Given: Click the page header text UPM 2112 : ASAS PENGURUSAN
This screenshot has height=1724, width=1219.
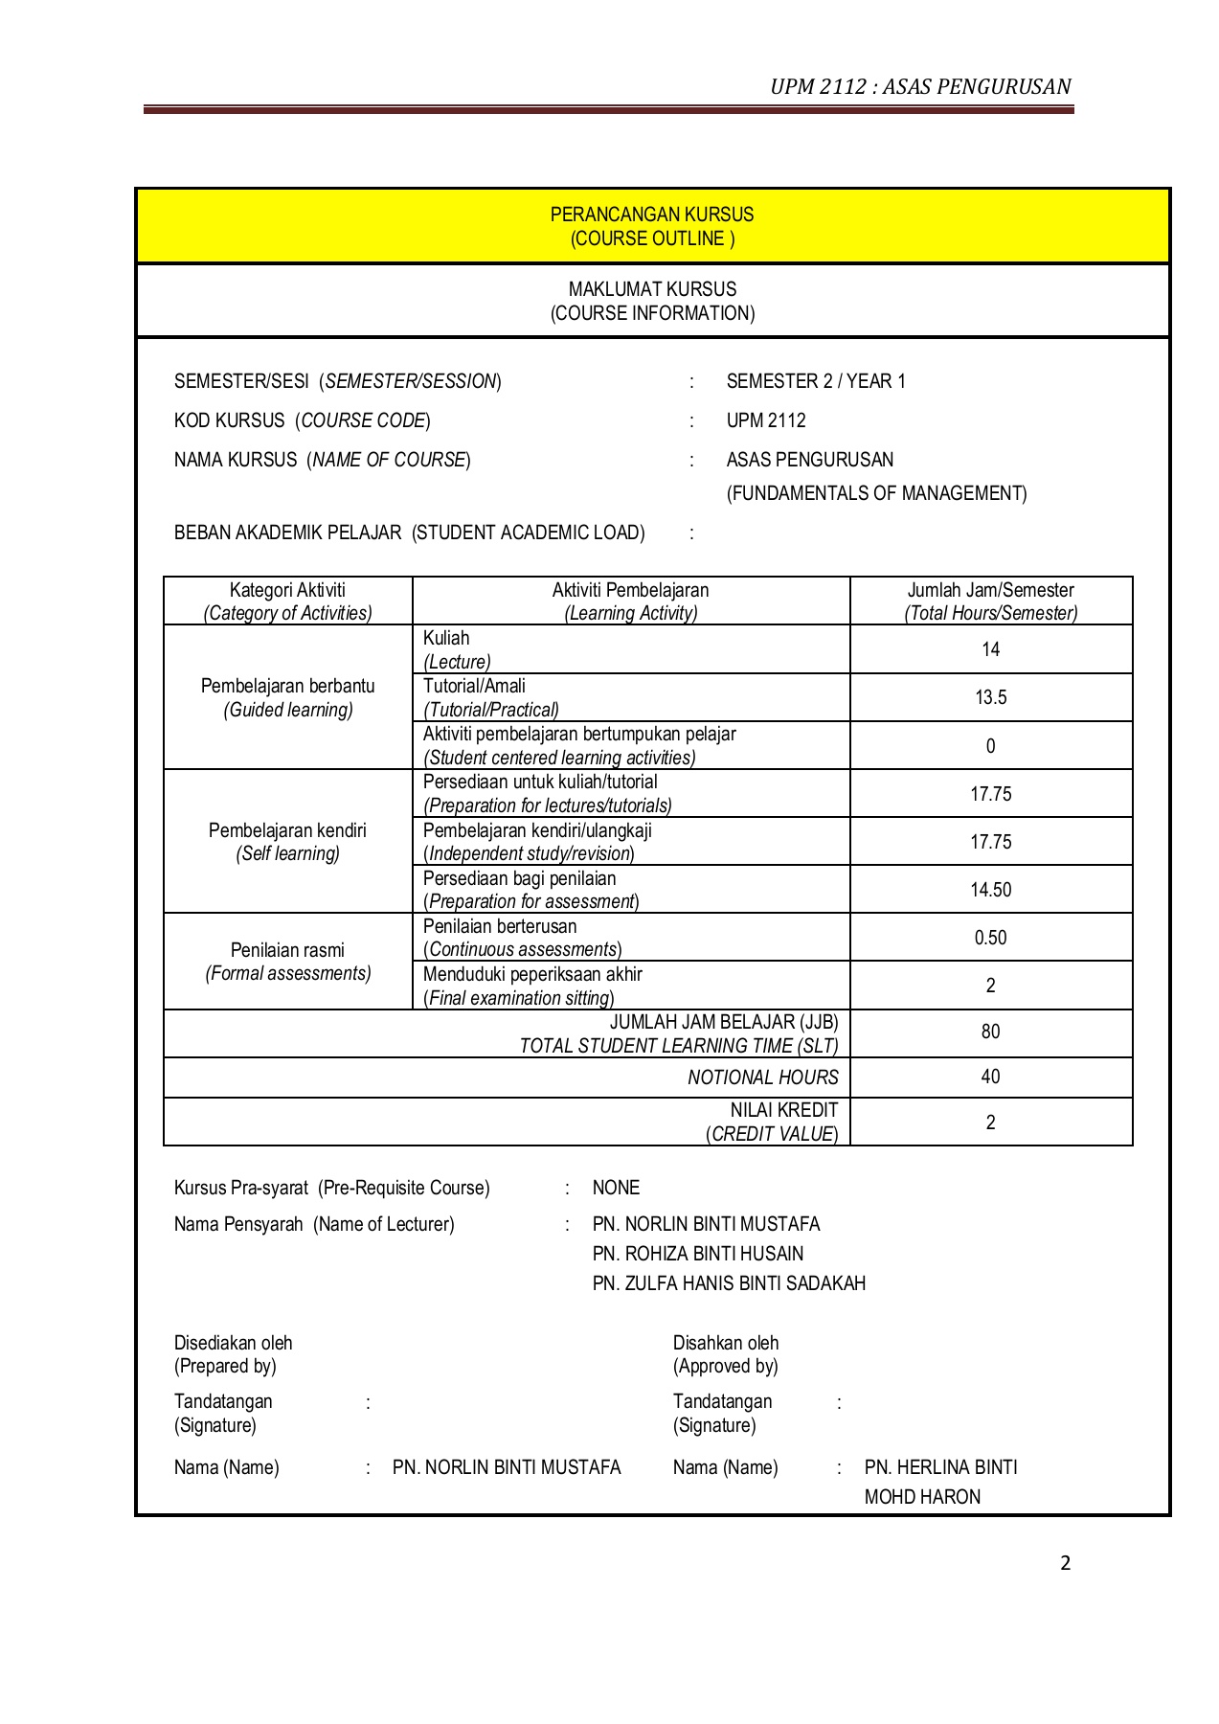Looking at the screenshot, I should (920, 87).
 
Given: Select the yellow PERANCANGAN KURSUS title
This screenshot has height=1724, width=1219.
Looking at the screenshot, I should (652, 215).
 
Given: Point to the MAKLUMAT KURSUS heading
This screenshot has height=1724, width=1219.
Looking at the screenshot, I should (652, 289).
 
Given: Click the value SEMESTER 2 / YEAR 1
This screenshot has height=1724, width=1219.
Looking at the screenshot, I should (816, 381).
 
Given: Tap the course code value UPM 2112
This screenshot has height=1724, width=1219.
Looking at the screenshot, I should (766, 420).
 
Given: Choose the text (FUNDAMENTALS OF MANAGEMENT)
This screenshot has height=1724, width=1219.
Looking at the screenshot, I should (876, 493).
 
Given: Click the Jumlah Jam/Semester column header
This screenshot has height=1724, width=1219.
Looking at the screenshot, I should (990, 601).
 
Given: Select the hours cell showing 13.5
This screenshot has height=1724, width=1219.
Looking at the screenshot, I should (990, 697).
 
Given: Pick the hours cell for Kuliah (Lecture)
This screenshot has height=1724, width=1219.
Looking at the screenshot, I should (990, 649).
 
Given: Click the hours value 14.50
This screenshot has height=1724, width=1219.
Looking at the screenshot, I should (990, 890).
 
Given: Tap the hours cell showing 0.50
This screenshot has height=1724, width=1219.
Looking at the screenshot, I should (990, 938).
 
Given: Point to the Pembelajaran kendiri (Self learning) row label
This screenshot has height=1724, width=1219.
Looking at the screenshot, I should (287, 842).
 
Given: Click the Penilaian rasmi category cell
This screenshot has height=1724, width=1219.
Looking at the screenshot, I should (287, 962).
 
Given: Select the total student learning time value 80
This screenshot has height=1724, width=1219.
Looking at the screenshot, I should (990, 1032).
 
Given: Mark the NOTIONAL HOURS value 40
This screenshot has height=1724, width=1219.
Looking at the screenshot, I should (990, 1077).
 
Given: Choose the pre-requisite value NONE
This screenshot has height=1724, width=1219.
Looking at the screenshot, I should (616, 1188).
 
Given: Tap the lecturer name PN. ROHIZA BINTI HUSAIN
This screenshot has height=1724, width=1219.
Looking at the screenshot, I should (698, 1254).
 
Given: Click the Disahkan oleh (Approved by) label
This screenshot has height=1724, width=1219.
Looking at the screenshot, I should (726, 1354).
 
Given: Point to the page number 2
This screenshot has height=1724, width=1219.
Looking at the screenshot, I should (1065, 1564).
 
